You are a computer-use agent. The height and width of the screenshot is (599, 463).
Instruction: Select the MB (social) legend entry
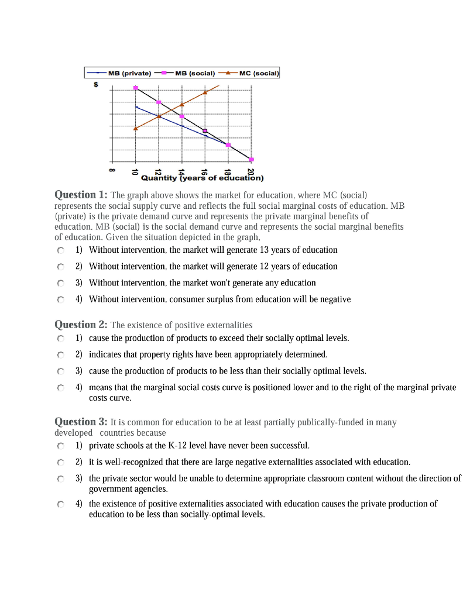tap(187, 73)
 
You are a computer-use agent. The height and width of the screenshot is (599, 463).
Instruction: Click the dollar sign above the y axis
tap(95, 84)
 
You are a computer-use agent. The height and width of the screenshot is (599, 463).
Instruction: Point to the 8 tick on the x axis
tap(112, 171)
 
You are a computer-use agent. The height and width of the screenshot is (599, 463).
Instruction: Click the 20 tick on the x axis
tap(251, 171)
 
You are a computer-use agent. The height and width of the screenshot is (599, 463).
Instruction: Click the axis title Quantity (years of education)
tap(203, 178)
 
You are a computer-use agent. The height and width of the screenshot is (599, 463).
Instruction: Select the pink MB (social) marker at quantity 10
tap(136, 88)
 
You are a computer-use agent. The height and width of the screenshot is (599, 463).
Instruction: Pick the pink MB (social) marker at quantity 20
tap(251, 159)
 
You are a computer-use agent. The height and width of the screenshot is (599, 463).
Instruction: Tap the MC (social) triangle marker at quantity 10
tap(136, 128)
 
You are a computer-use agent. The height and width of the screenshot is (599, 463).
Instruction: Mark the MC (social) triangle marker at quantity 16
tap(205, 92)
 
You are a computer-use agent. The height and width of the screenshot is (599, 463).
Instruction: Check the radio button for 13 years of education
tap(60, 250)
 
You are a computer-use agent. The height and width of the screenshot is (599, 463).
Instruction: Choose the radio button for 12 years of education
tap(60, 267)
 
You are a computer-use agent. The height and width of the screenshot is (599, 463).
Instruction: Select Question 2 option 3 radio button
tap(60, 371)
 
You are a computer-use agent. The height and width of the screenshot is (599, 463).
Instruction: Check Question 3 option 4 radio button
tap(60, 504)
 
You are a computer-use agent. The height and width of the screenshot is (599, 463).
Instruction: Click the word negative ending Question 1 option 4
tap(334, 299)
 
